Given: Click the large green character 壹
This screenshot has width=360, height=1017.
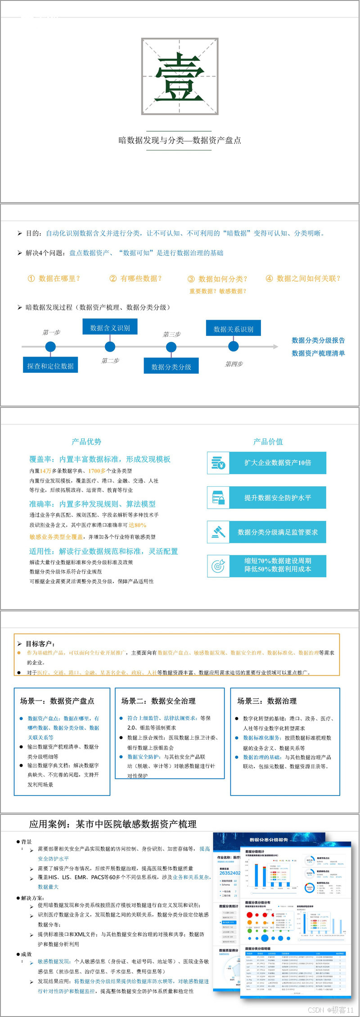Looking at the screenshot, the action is click(180, 77).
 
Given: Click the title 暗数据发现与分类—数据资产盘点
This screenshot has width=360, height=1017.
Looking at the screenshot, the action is click(180, 140).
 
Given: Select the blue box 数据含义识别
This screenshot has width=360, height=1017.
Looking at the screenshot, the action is click(110, 327).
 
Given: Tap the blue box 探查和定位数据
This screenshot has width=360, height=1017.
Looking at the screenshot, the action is click(50, 366).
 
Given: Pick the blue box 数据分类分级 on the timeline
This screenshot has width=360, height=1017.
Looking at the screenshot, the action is click(171, 366).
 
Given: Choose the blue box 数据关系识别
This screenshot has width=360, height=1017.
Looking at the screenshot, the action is click(233, 329).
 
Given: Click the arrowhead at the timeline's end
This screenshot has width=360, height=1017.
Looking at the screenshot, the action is click(275, 347).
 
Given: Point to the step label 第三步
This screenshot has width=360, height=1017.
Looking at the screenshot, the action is click(171, 334).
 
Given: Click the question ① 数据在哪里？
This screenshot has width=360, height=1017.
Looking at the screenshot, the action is click(54, 279).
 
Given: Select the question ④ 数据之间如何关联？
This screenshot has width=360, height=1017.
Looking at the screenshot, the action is click(303, 279).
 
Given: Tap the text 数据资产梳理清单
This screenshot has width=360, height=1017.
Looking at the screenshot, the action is click(318, 353).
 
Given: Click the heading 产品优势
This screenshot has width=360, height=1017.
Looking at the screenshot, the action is click(86, 442).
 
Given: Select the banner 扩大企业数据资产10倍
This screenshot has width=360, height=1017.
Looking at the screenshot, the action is click(278, 463).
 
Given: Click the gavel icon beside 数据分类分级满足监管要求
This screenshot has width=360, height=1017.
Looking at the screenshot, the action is click(218, 532).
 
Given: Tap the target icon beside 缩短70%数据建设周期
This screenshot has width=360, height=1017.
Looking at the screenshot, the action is click(218, 565).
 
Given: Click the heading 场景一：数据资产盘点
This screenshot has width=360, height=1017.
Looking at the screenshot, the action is click(57, 701).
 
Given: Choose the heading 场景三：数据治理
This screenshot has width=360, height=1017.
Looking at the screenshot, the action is click(267, 701).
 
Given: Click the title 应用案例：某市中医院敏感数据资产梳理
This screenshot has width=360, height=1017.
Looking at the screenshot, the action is click(112, 824).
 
